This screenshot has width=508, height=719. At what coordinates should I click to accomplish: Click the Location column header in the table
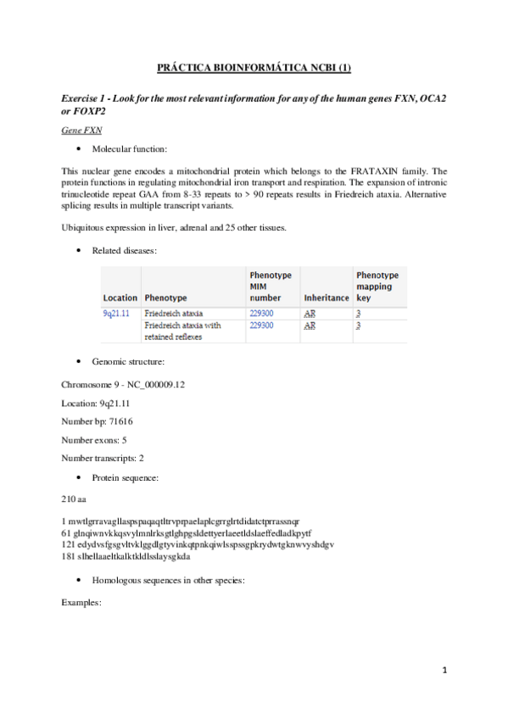pyautogui.click(x=120, y=298)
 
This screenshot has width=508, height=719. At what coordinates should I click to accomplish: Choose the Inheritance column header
pyautogui.click(x=326, y=298)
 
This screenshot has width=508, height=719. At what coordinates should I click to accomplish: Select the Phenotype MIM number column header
pyautogui.click(x=271, y=287)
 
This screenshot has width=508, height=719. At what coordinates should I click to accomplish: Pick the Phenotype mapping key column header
pyautogui.click(x=377, y=287)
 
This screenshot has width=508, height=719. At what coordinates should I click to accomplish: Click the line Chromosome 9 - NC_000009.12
pyautogui.click(x=124, y=384)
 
